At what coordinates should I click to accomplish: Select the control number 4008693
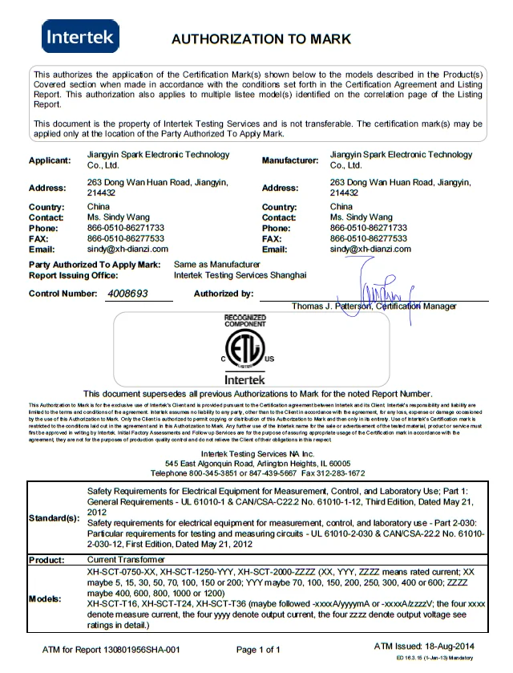(127, 294)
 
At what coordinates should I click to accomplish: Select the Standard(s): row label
(53, 517)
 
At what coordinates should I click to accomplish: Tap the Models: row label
(45, 598)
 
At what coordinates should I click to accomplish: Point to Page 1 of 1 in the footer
(258, 649)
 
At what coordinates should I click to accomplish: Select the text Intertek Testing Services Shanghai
(240, 274)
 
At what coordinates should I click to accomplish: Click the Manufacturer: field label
(289, 160)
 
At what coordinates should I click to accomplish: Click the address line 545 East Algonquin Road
(258, 464)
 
